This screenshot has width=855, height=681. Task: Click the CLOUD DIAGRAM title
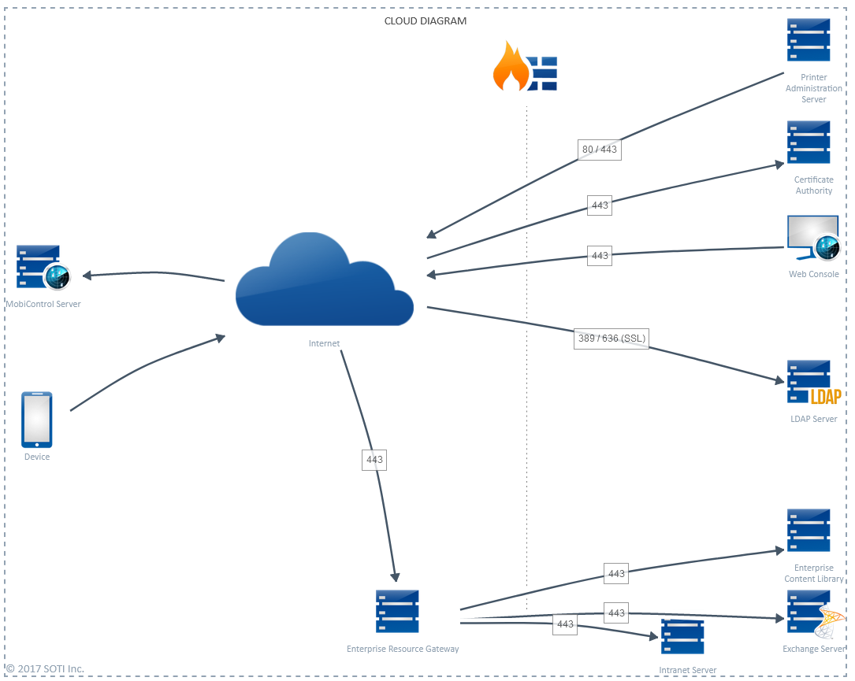(425, 21)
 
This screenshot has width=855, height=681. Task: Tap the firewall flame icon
(510, 68)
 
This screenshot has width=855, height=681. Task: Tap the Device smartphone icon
(37, 420)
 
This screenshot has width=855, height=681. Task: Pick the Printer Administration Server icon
(809, 40)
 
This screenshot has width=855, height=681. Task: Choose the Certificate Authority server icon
(809, 142)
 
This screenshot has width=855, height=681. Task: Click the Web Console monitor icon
(812, 239)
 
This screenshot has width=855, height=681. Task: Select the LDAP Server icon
(812, 383)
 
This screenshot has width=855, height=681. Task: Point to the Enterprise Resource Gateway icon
(397, 612)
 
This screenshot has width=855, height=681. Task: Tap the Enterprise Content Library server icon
(809, 531)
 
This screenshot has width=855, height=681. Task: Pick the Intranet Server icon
(682, 637)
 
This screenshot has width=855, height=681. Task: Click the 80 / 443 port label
(600, 150)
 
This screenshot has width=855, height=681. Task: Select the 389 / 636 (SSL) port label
(612, 339)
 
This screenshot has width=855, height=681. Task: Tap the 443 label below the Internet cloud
(374, 460)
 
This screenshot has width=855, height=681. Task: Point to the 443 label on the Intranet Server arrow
(565, 624)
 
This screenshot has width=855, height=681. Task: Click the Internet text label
(324, 343)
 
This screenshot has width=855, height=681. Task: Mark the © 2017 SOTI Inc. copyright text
(45, 669)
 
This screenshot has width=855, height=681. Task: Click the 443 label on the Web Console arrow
(600, 256)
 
